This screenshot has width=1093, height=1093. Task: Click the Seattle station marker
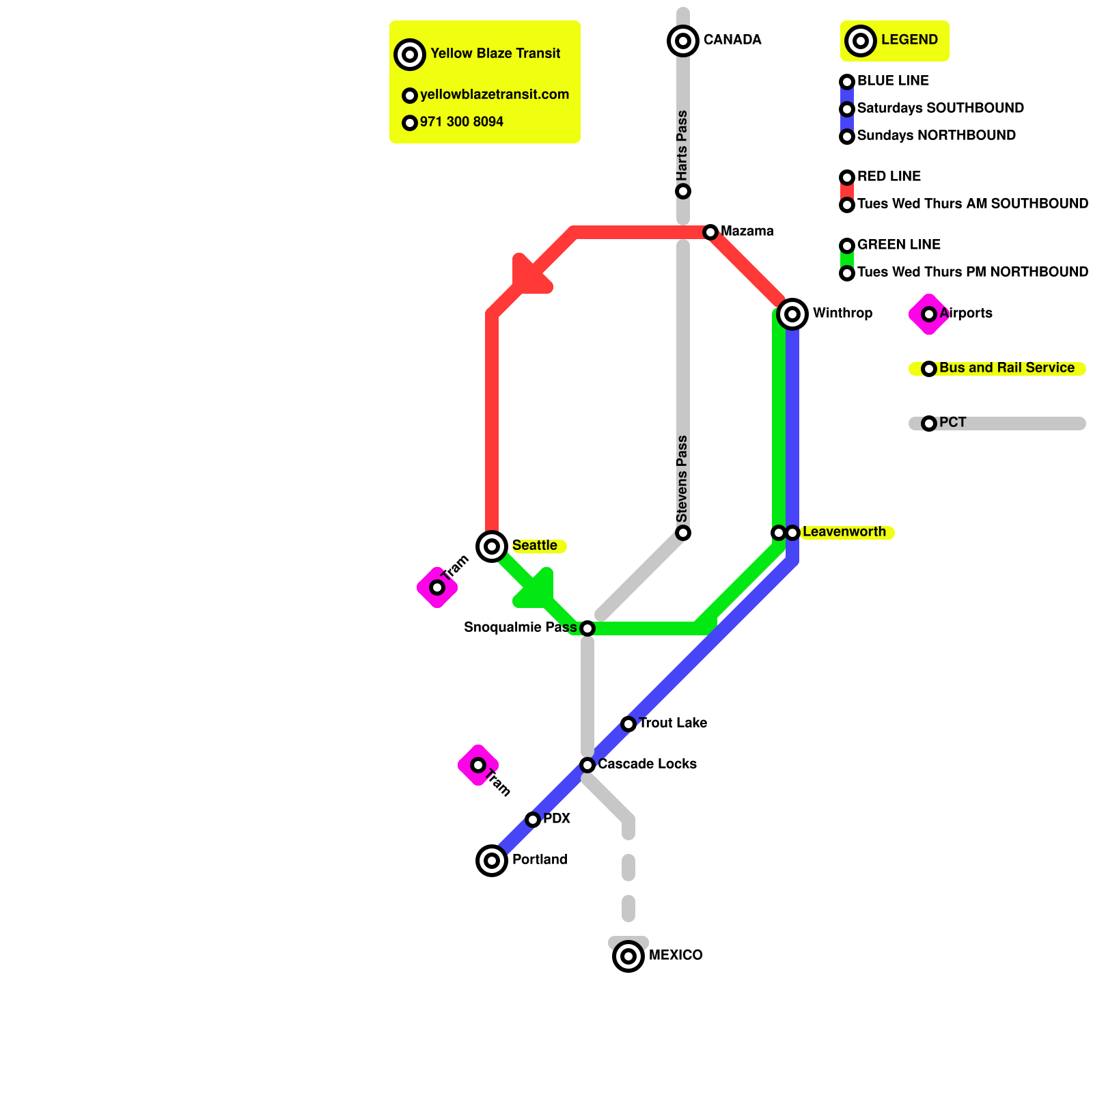click(492, 546)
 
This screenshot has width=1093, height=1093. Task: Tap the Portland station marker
click(492, 861)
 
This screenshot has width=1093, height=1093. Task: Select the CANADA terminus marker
click(683, 41)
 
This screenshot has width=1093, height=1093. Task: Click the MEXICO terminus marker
click(628, 956)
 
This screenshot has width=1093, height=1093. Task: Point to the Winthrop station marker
click(792, 314)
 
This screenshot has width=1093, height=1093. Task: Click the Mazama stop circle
click(710, 232)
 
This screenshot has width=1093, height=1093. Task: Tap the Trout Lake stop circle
click(628, 724)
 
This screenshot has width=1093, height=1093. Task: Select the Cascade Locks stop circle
click(587, 765)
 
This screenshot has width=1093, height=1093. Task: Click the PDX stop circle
click(533, 820)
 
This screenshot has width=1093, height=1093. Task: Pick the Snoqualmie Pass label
click(520, 627)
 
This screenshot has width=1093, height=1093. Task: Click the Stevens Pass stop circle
click(683, 533)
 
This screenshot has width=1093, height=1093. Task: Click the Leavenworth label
click(844, 532)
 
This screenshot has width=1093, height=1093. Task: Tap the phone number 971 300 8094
click(462, 122)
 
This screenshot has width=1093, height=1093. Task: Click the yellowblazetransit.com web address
click(495, 95)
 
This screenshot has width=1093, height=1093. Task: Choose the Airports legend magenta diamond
click(928, 314)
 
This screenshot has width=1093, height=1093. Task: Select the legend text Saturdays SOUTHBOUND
click(940, 109)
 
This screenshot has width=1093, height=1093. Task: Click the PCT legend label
click(952, 423)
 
